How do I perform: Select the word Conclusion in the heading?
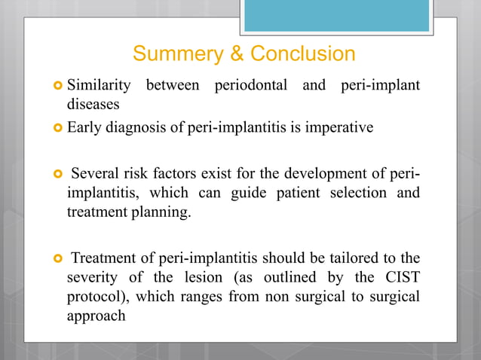click(x=302, y=54)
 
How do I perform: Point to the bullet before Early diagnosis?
click(x=57, y=128)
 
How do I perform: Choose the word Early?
click(x=84, y=127)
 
